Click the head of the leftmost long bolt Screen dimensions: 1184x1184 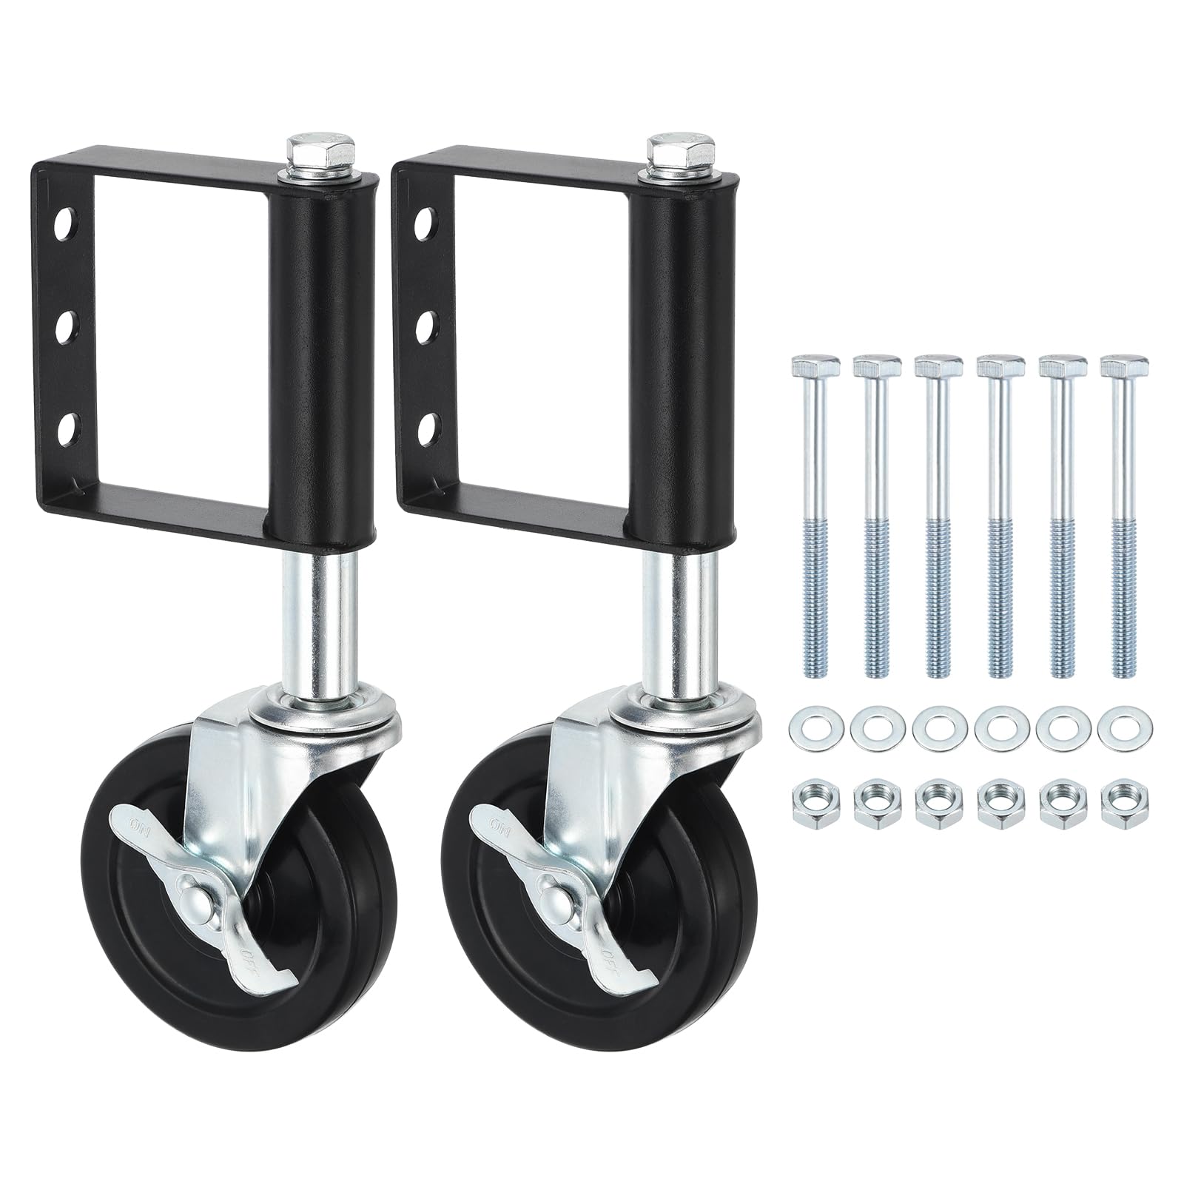(x=815, y=366)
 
